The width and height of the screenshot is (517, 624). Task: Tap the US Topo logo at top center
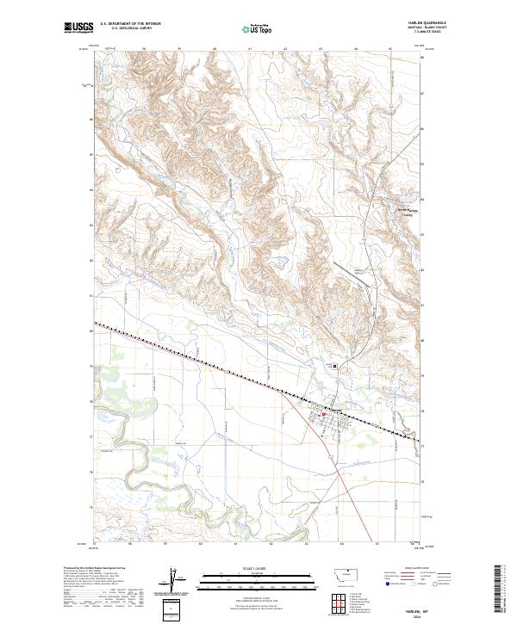[258, 29]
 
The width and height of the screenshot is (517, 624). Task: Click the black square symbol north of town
[336, 367]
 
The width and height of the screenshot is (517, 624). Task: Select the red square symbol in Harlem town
[323, 415]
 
